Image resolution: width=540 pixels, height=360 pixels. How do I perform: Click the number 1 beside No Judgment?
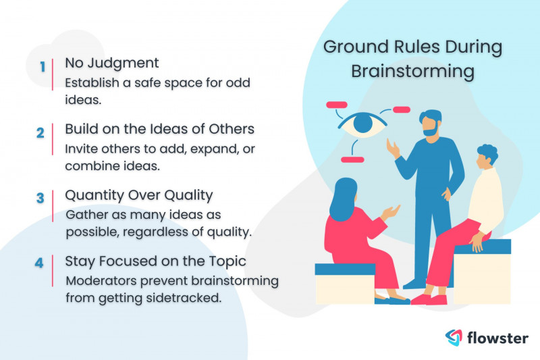click(43, 66)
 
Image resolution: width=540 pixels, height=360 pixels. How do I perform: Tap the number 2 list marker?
click(40, 132)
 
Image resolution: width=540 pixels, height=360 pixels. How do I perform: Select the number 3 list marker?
click(40, 198)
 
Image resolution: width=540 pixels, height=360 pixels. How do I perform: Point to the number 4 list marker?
click(39, 263)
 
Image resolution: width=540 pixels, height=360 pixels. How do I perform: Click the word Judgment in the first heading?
click(123, 63)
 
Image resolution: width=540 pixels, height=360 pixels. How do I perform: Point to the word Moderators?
click(102, 281)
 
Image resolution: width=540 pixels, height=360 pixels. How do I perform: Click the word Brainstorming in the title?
click(412, 72)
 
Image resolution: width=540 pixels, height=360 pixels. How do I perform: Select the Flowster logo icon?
click(454, 337)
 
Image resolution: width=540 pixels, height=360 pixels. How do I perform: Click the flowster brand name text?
click(497, 338)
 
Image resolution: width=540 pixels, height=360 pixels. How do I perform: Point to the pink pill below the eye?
click(352, 159)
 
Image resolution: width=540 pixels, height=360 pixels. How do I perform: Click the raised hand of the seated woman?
click(391, 212)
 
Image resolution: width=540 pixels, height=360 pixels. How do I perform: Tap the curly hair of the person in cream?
click(487, 153)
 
